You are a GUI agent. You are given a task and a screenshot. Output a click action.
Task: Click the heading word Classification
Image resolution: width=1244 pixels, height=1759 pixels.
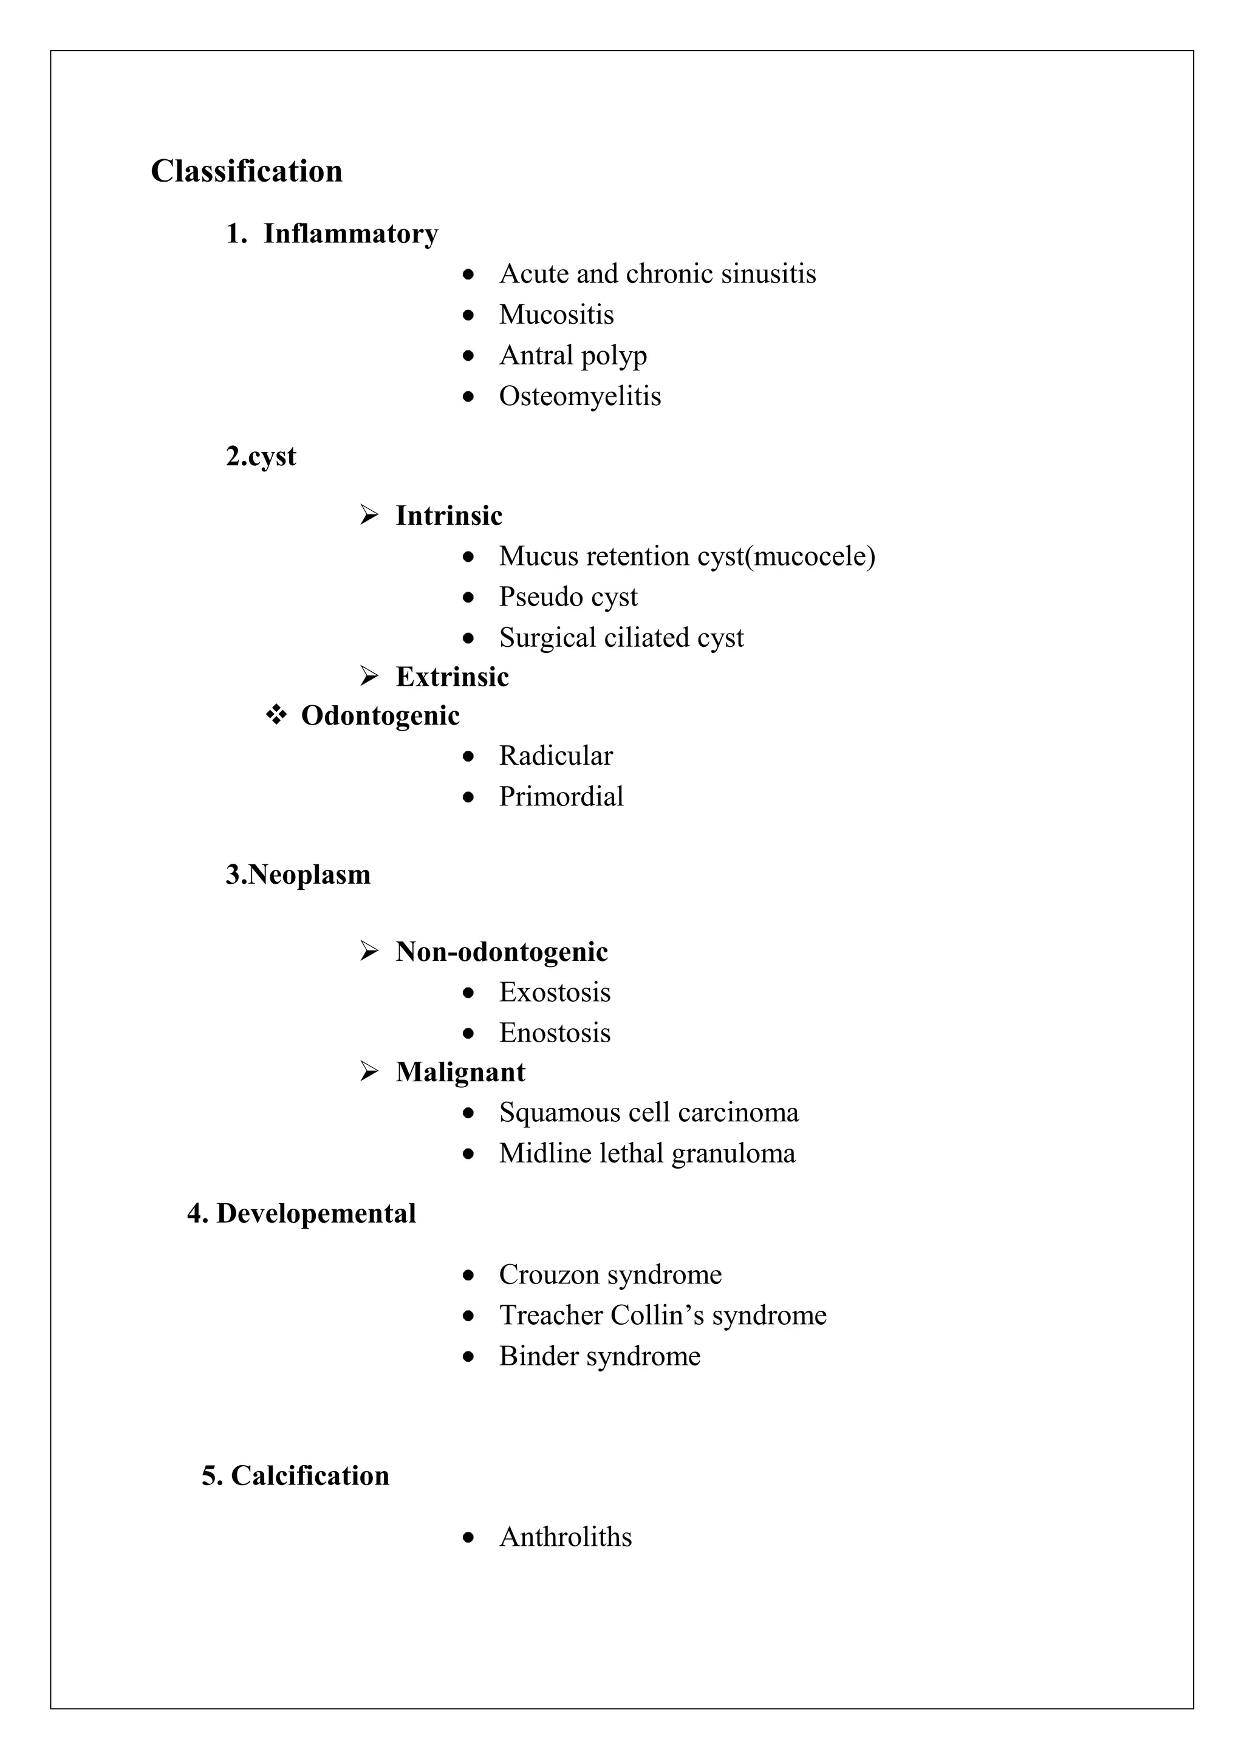pos(246,171)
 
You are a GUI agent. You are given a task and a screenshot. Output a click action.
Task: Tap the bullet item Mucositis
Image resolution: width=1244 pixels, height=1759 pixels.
pos(556,314)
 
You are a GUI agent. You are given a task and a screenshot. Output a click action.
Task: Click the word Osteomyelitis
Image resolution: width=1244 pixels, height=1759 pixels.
pos(580,396)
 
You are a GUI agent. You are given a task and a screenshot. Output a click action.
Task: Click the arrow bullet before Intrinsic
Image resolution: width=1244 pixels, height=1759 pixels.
pos(369,515)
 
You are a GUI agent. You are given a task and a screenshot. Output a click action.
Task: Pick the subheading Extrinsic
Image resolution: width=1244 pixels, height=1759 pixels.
pos(452,677)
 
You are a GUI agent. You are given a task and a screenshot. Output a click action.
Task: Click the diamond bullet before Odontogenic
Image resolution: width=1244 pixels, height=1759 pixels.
pos(276,716)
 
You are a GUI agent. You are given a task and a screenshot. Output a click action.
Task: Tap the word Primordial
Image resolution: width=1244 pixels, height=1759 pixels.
pos(561,797)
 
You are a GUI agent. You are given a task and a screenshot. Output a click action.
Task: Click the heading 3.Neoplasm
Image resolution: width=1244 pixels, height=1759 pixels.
pos(298,874)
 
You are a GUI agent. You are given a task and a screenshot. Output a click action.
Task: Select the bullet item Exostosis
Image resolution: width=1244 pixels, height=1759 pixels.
pos(555,992)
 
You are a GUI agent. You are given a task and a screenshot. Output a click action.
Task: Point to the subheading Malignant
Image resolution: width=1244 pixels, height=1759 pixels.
pos(460,1072)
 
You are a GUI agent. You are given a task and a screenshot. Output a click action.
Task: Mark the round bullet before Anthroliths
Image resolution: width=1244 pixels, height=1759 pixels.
pos(469,1537)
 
